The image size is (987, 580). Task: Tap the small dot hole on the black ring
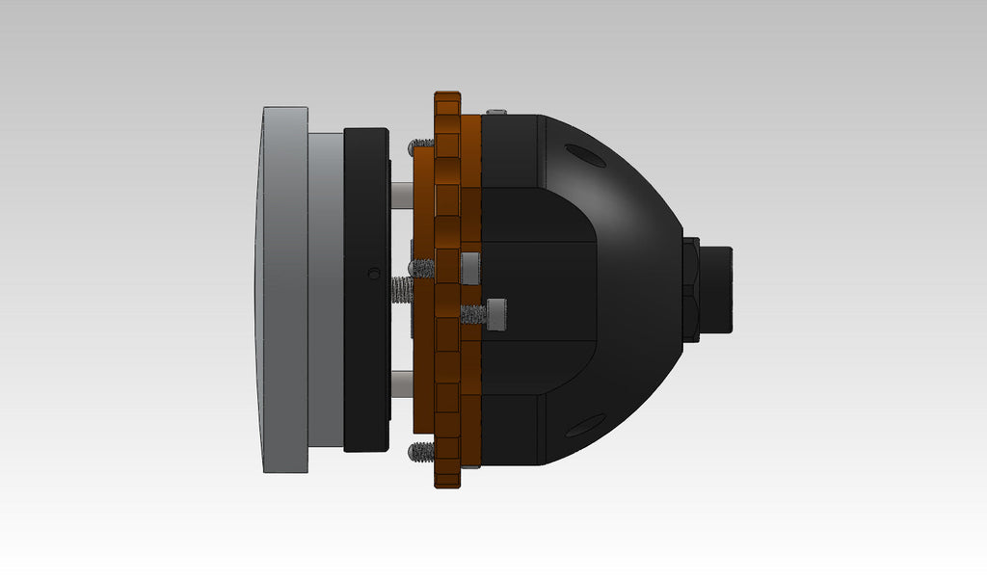(x=374, y=274)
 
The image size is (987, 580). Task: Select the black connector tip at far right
(x=716, y=290)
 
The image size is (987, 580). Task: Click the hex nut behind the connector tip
(x=690, y=290)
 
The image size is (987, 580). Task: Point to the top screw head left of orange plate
(x=419, y=145)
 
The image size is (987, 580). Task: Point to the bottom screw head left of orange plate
(x=419, y=450)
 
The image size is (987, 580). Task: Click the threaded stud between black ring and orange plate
(x=400, y=288)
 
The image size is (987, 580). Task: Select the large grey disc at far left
(x=281, y=289)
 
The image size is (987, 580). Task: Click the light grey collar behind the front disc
(x=326, y=289)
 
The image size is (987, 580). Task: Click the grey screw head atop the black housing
(x=496, y=113)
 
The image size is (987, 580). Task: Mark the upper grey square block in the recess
(x=469, y=269)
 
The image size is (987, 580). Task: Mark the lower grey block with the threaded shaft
(x=496, y=315)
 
